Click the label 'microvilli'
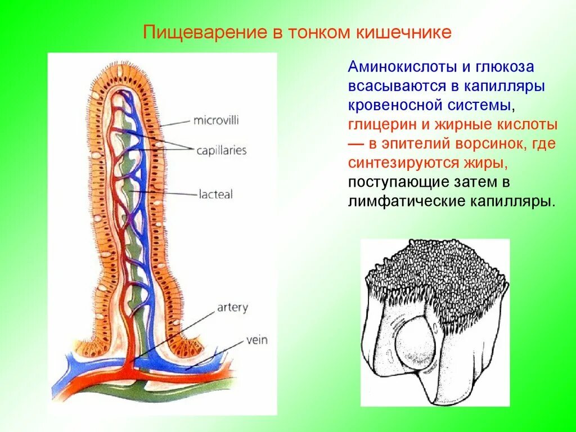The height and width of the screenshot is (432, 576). [217, 120]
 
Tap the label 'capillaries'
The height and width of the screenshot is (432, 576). [222, 151]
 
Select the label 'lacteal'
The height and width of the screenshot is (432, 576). [215, 195]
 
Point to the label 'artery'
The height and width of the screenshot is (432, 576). [232, 308]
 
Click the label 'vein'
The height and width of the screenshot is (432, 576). [256, 340]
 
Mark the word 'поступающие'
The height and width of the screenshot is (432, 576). [398, 182]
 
